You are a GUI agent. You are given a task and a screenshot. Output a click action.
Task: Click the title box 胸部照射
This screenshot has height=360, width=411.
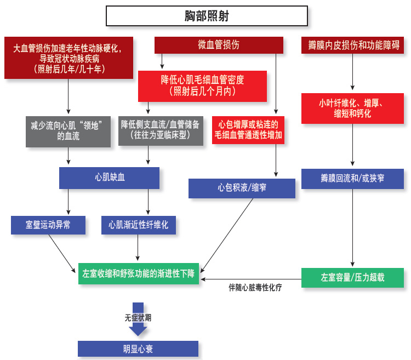click(207, 16)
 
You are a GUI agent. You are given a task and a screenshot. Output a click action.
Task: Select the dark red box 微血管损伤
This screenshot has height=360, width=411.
click(219, 45)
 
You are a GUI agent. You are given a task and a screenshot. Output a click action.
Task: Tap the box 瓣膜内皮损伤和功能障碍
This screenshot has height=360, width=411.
click(353, 45)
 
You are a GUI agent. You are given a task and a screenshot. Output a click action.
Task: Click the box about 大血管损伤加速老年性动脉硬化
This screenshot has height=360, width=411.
click(68, 58)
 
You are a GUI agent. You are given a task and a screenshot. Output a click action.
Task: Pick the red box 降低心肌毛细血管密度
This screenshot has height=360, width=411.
click(202, 85)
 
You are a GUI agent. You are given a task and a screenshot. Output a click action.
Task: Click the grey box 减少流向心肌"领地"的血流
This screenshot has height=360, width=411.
click(68, 130)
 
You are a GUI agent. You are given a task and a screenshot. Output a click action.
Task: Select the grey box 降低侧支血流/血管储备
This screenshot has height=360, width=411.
click(160, 130)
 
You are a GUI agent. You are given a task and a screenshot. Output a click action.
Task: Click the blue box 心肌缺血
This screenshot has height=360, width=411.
click(110, 178)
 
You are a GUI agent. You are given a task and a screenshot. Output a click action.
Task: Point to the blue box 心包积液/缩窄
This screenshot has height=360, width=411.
click(242, 188)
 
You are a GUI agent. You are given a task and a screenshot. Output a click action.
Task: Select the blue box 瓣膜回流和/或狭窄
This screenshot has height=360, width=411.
click(352, 179)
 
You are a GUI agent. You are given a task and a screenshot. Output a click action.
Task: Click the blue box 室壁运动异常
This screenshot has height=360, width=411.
click(48, 224)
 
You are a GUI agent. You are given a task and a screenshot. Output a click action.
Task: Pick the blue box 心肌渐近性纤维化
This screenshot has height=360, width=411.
click(139, 225)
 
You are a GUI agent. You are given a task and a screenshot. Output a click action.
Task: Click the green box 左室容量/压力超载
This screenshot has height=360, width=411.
click(352, 277)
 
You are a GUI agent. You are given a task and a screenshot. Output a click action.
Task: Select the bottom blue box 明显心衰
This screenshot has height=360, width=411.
click(138, 349)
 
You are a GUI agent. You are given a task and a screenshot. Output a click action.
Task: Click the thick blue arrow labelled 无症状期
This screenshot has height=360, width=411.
click(138, 319)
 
